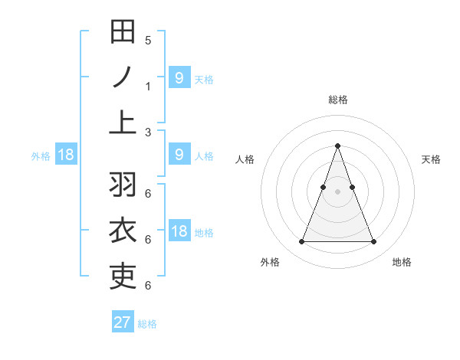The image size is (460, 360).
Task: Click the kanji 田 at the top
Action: (123, 32)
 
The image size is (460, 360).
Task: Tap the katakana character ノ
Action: (123, 77)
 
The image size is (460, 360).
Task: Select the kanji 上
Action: (123, 123)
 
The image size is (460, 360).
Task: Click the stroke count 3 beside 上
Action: (148, 132)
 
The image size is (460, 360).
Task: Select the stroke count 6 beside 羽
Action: (148, 194)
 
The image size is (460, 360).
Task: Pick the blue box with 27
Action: (123, 322)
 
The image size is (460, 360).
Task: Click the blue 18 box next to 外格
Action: (66, 155)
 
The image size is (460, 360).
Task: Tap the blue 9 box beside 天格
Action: (179, 78)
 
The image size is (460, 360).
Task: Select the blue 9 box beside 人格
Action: (179, 155)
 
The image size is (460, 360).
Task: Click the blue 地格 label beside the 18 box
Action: (205, 232)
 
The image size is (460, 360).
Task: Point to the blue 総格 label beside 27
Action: (147, 324)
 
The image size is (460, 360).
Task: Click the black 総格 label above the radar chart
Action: (338, 100)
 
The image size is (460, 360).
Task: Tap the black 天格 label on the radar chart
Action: (432, 159)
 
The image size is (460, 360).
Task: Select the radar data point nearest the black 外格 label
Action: (301, 242)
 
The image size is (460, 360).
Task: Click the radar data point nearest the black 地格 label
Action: (374, 242)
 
